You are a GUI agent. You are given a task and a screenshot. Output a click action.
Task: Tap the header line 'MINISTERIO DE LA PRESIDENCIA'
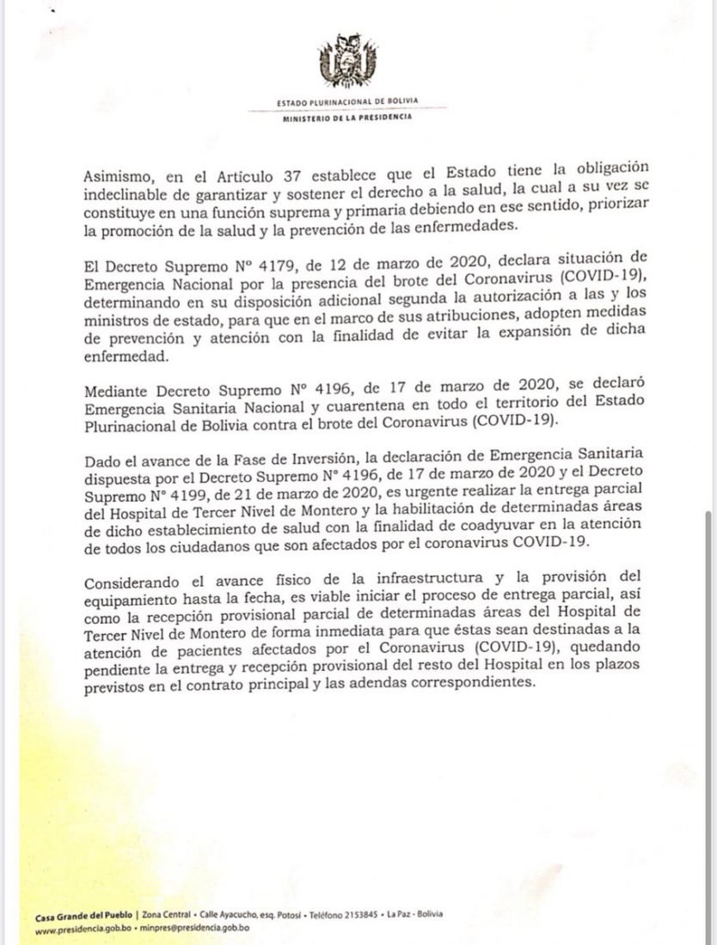[x=346, y=118]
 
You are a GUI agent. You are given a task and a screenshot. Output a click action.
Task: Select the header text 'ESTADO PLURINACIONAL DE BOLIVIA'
[x=347, y=101]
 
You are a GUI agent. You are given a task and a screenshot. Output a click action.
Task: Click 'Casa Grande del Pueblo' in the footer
[x=84, y=914]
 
